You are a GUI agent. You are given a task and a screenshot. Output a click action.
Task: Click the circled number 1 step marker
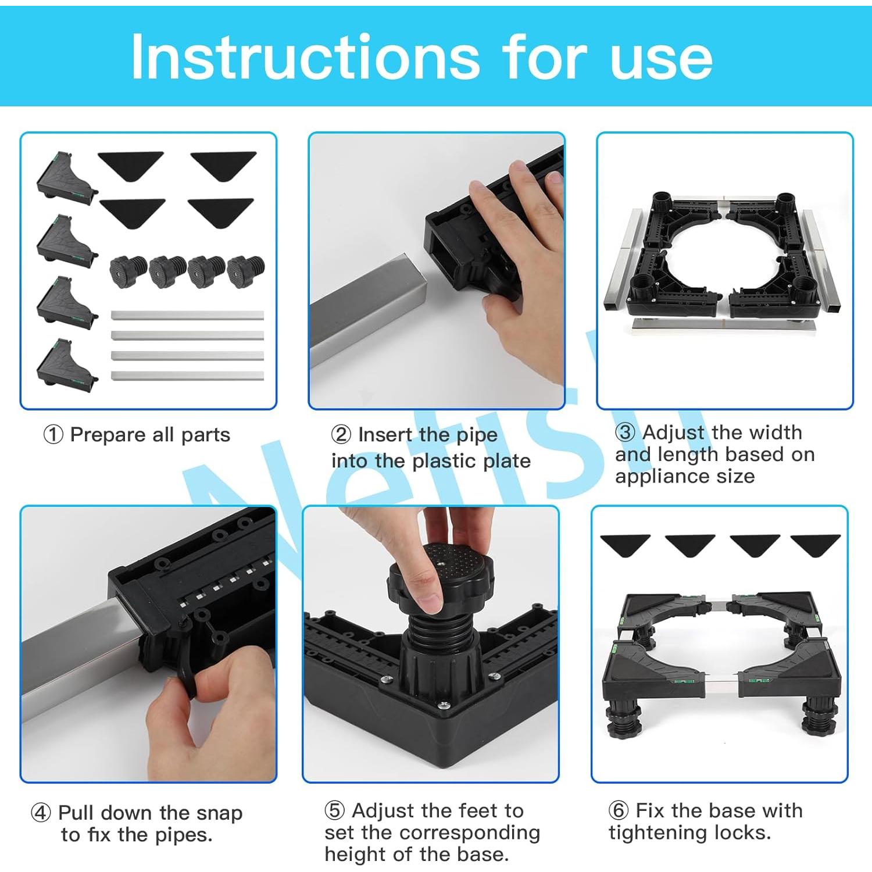tap(53, 434)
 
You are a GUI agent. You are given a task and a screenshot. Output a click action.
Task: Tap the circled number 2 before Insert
tap(341, 434)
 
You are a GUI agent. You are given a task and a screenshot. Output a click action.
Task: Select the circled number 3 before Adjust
tap(626, 433)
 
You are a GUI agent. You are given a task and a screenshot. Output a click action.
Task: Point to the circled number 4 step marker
tap(41, 812)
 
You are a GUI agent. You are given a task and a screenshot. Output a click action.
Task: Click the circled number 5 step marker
tap(335, 810)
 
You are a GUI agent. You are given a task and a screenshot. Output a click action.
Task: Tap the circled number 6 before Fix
tap(619, 810)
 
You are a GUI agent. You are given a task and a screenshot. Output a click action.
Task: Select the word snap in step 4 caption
tap(219, 813)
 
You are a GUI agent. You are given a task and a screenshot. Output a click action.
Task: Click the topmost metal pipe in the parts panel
tap(187, 315)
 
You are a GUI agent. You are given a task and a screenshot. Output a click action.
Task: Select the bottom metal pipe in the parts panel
tap(187, 376)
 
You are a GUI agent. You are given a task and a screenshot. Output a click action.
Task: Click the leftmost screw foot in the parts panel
tap(128, 271)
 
